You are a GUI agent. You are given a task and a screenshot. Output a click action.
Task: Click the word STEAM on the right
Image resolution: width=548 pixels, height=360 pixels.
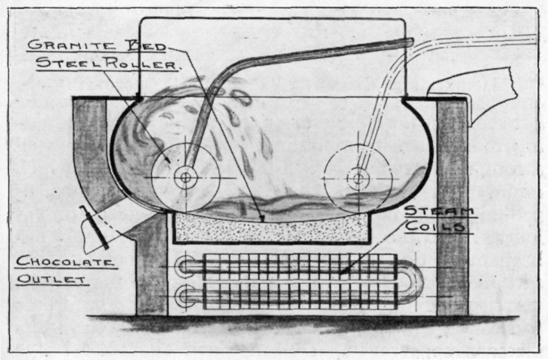pos(440,210)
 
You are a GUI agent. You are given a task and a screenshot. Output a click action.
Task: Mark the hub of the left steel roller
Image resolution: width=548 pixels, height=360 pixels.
pos(184,178)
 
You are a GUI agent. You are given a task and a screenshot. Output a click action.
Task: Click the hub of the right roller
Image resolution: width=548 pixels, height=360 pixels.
pos(358,179)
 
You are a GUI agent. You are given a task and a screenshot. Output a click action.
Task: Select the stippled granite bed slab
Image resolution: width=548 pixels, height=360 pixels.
pos(272,228)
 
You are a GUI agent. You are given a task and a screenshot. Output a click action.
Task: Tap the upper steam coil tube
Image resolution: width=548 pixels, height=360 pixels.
pos(302,266)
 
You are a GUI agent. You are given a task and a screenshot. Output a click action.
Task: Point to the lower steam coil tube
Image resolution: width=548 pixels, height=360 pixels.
pos(302,293)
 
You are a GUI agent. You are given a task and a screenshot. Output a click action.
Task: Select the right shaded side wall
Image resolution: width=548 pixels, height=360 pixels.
pos(452,204)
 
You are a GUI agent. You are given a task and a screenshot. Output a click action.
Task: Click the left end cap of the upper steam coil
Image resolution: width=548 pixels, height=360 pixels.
pos(183,266)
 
